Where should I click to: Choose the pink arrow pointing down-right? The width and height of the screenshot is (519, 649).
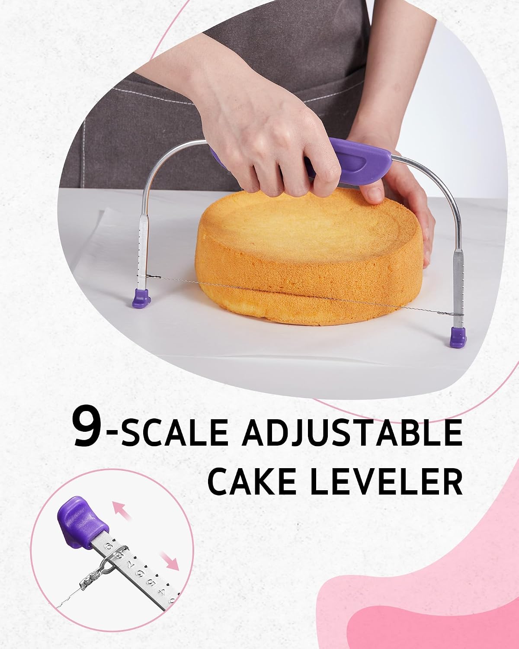coord(170,561)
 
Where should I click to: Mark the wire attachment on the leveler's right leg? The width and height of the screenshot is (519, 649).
coord(458,315)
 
